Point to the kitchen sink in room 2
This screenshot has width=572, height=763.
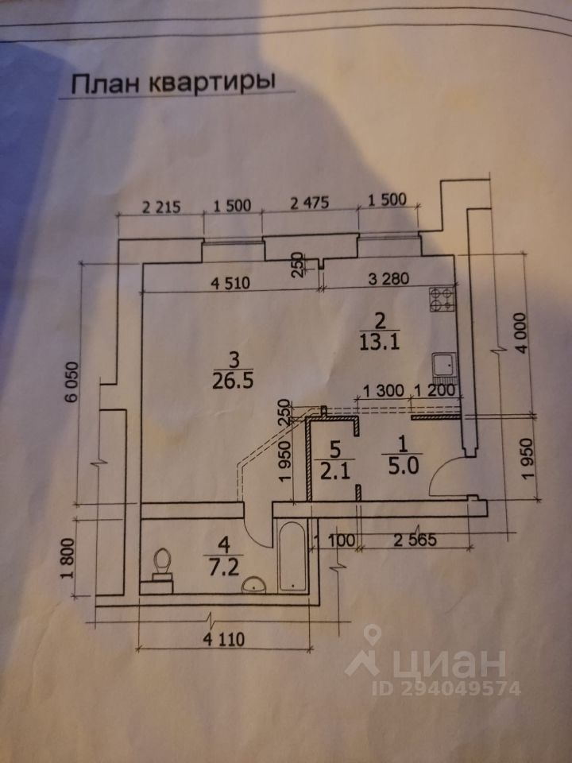tap(443, 365)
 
